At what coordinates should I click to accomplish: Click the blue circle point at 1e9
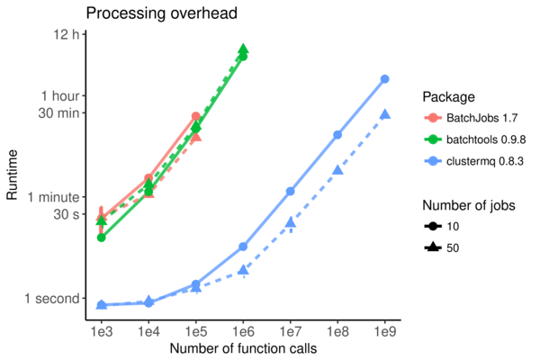[x=384, y=79]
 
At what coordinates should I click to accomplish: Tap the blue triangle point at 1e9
[x=384, y=114]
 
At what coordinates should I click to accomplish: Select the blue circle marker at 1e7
[x=291, y=191]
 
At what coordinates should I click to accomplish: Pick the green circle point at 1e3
[x=102, y=237]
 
